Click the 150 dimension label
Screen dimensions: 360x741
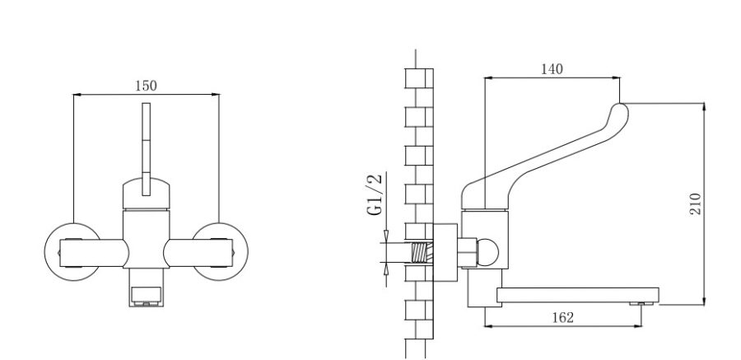point(146,86)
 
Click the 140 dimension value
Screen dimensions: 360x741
point(552,69)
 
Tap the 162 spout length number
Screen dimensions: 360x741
point(564,317)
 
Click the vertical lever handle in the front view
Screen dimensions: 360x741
point(147,140)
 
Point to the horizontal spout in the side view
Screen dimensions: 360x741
point(576,293)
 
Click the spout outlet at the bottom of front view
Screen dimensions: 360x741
point(146,295)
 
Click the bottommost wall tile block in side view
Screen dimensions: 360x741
point(417,311)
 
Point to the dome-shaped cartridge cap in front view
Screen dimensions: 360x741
point(147,194)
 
